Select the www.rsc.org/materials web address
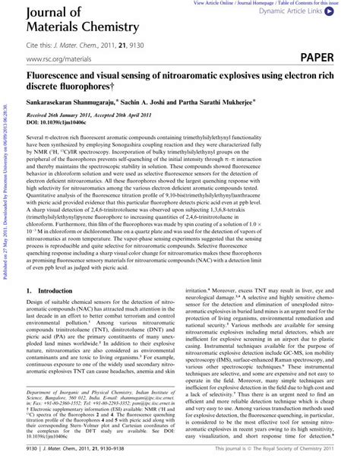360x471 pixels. pyautogui.click(x=55, y=58)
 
